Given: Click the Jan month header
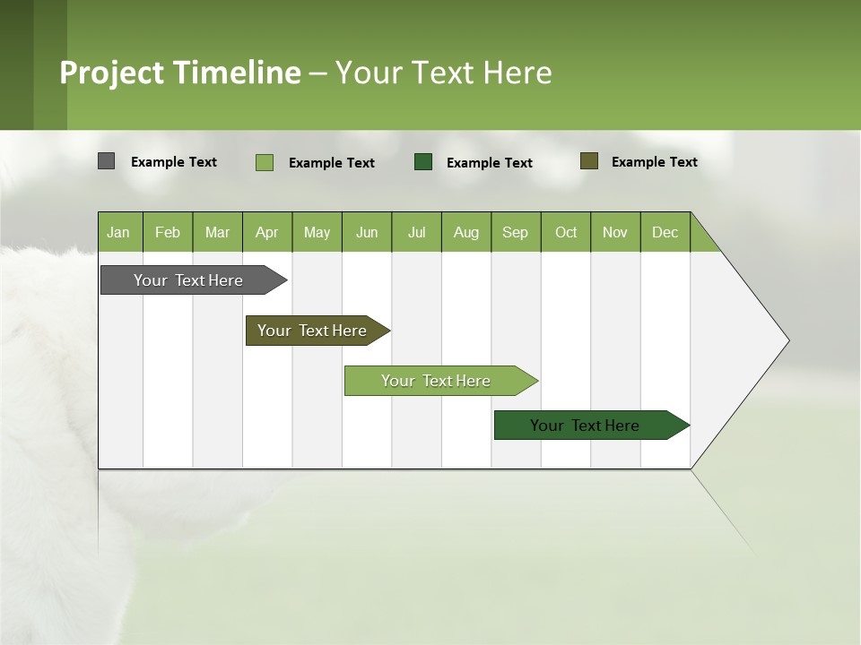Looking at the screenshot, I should tap(119, 232).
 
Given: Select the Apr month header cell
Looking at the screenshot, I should tap(267, 232).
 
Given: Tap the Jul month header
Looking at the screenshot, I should tap(416, 232).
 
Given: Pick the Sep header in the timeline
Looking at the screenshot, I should tap(515, 232).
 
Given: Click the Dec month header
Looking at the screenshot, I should tap(665, 232).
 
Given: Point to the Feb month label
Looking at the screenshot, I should tap(168, 232).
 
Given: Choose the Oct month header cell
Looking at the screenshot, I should tap(566, 232).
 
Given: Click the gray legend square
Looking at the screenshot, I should tap(106, 161).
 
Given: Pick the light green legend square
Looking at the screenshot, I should tap(265, 162).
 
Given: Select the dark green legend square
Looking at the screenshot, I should tap(423, 161).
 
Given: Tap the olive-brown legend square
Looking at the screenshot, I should tap(589, 161).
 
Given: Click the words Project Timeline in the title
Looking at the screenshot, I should tap(180, 73).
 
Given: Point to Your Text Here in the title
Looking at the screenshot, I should tap(443, 73).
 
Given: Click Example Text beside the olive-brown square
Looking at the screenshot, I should tap(654, 162).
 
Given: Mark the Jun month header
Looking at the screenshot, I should tap(367, 232).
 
